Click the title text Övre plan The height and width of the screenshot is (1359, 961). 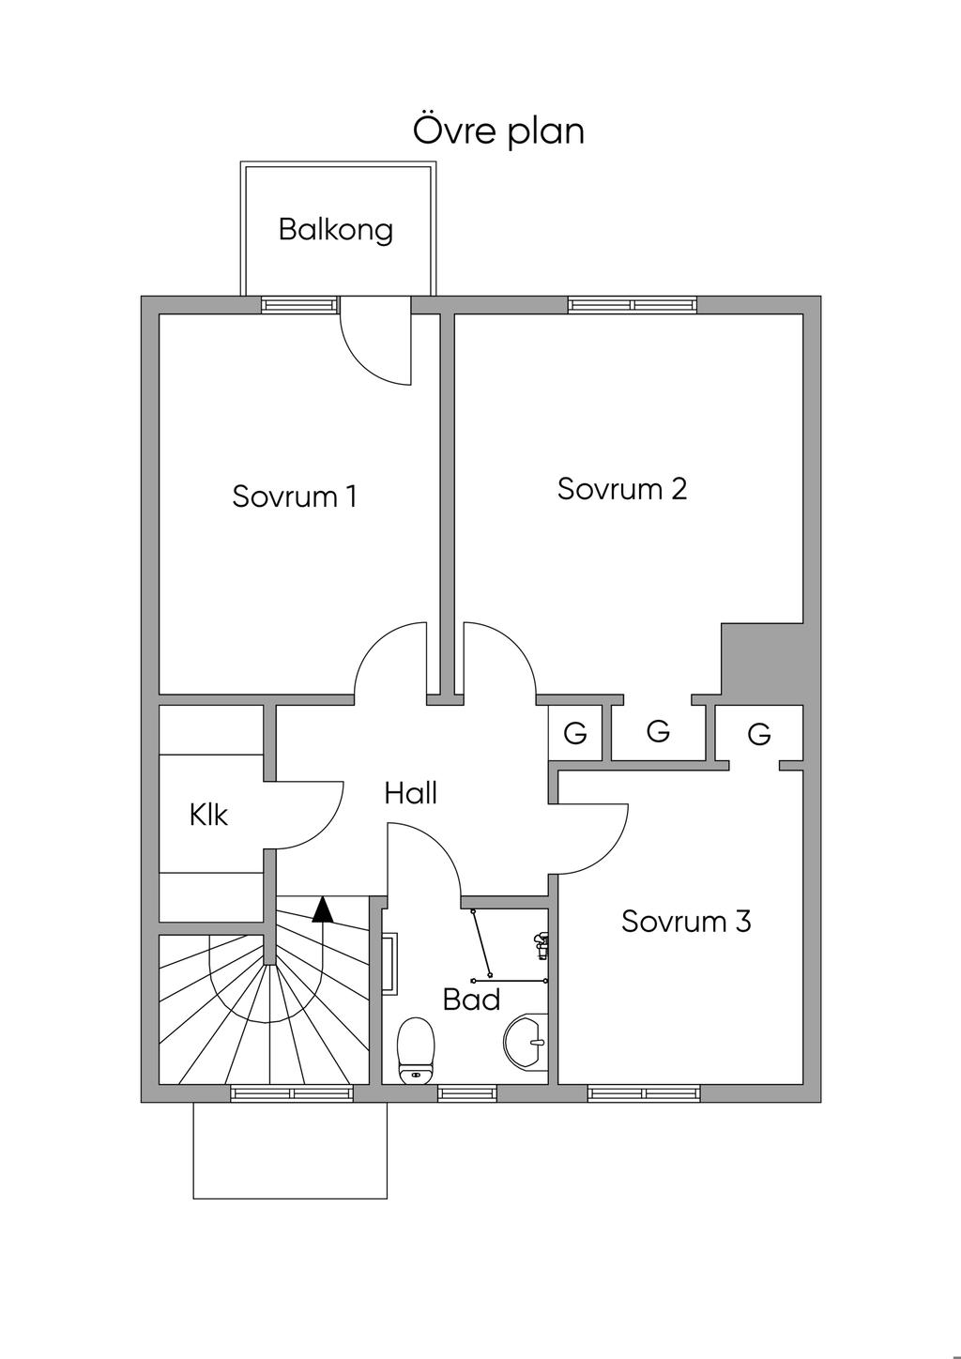point(498,131)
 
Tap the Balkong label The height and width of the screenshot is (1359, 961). point(335,231)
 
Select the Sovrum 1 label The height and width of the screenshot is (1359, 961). point(294,496)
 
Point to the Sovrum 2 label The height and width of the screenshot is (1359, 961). point(622,489)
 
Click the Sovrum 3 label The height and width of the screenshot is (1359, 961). point(686,921)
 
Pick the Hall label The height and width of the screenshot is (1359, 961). point(411,793)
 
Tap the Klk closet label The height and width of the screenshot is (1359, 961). point(208,815)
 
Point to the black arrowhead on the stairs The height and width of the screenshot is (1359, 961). point(323,910)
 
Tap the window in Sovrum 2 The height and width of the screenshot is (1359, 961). point(633,305)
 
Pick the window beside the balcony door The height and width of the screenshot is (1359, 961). point(299,305)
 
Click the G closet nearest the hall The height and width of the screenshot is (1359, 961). point(575,733)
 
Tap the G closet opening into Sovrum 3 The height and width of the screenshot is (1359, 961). point(759,733)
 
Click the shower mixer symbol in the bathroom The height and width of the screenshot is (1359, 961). point(541,946)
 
